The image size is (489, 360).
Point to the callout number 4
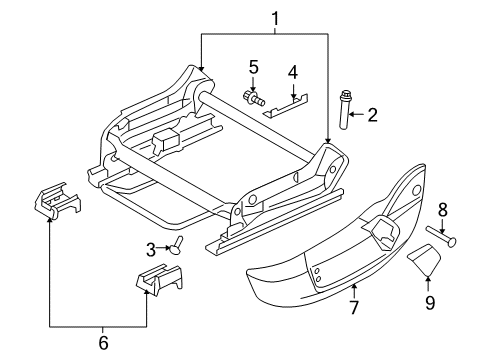293,72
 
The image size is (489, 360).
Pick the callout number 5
254,67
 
